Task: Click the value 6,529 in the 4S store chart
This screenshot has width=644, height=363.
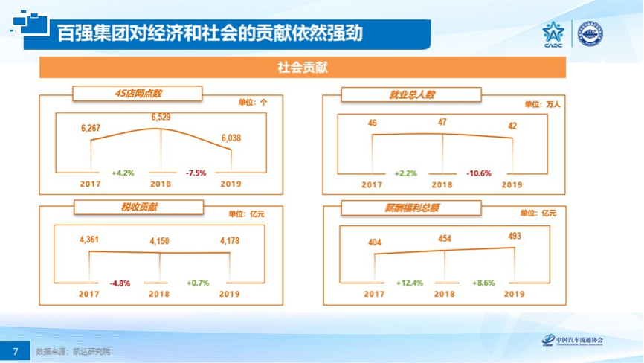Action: [161, 117]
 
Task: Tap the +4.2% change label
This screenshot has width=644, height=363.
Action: [123, 173]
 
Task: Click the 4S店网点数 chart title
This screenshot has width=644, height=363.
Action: [138, 94]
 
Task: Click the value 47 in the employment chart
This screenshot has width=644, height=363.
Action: [442, 122]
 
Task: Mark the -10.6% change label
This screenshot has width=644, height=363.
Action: [479, 173]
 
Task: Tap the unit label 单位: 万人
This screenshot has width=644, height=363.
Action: [541, 105]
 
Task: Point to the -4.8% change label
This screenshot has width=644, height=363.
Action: [120, 283]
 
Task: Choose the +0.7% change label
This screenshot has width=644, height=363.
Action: [196, 283]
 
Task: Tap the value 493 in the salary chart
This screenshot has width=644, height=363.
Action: [514, 237]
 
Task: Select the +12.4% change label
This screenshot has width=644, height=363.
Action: [409, 283]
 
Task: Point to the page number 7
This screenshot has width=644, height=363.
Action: [15, 350]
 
